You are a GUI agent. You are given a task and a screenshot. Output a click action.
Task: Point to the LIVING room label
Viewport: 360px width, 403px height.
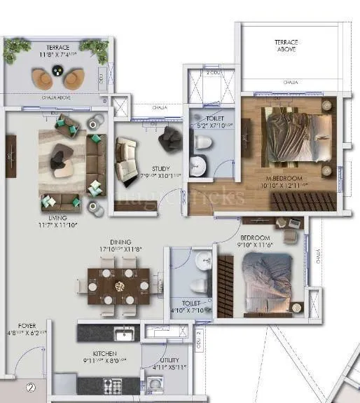tap(48, 218)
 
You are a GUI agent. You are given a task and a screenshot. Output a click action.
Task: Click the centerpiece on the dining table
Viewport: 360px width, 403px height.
tap(119, 285)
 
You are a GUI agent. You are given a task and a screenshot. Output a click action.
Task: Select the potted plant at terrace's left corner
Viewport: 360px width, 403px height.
tap(15, 48)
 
